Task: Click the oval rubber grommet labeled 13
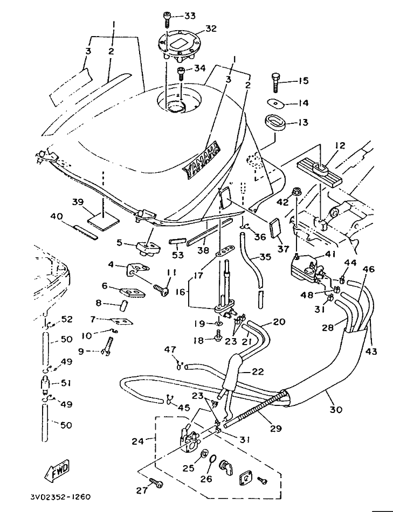tap(276, 123)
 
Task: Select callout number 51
tap(66, 384)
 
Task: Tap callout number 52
tap(66, 319)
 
